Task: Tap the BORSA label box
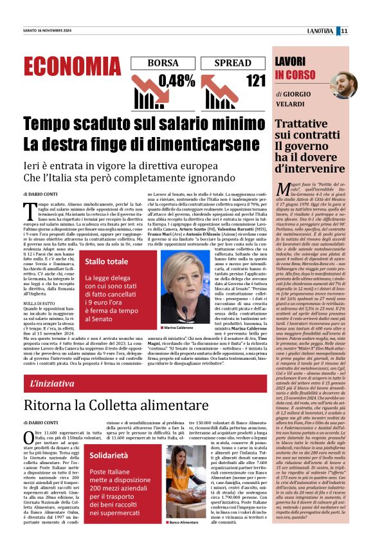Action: click(x=163, y=63)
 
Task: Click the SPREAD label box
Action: click(x=233, y=63)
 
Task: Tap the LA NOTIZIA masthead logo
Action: click(x=320, y=30)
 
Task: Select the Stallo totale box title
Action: click(x=106, y=262)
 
